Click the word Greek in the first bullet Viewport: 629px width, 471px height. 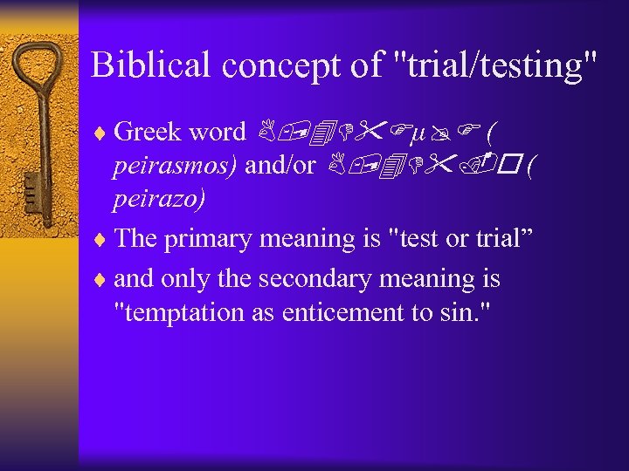point(145,132)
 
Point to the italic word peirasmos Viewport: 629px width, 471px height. point(175,167)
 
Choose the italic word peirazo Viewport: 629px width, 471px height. point(160,201)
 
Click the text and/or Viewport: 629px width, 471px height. point(280,166)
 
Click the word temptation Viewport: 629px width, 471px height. point(183,312)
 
